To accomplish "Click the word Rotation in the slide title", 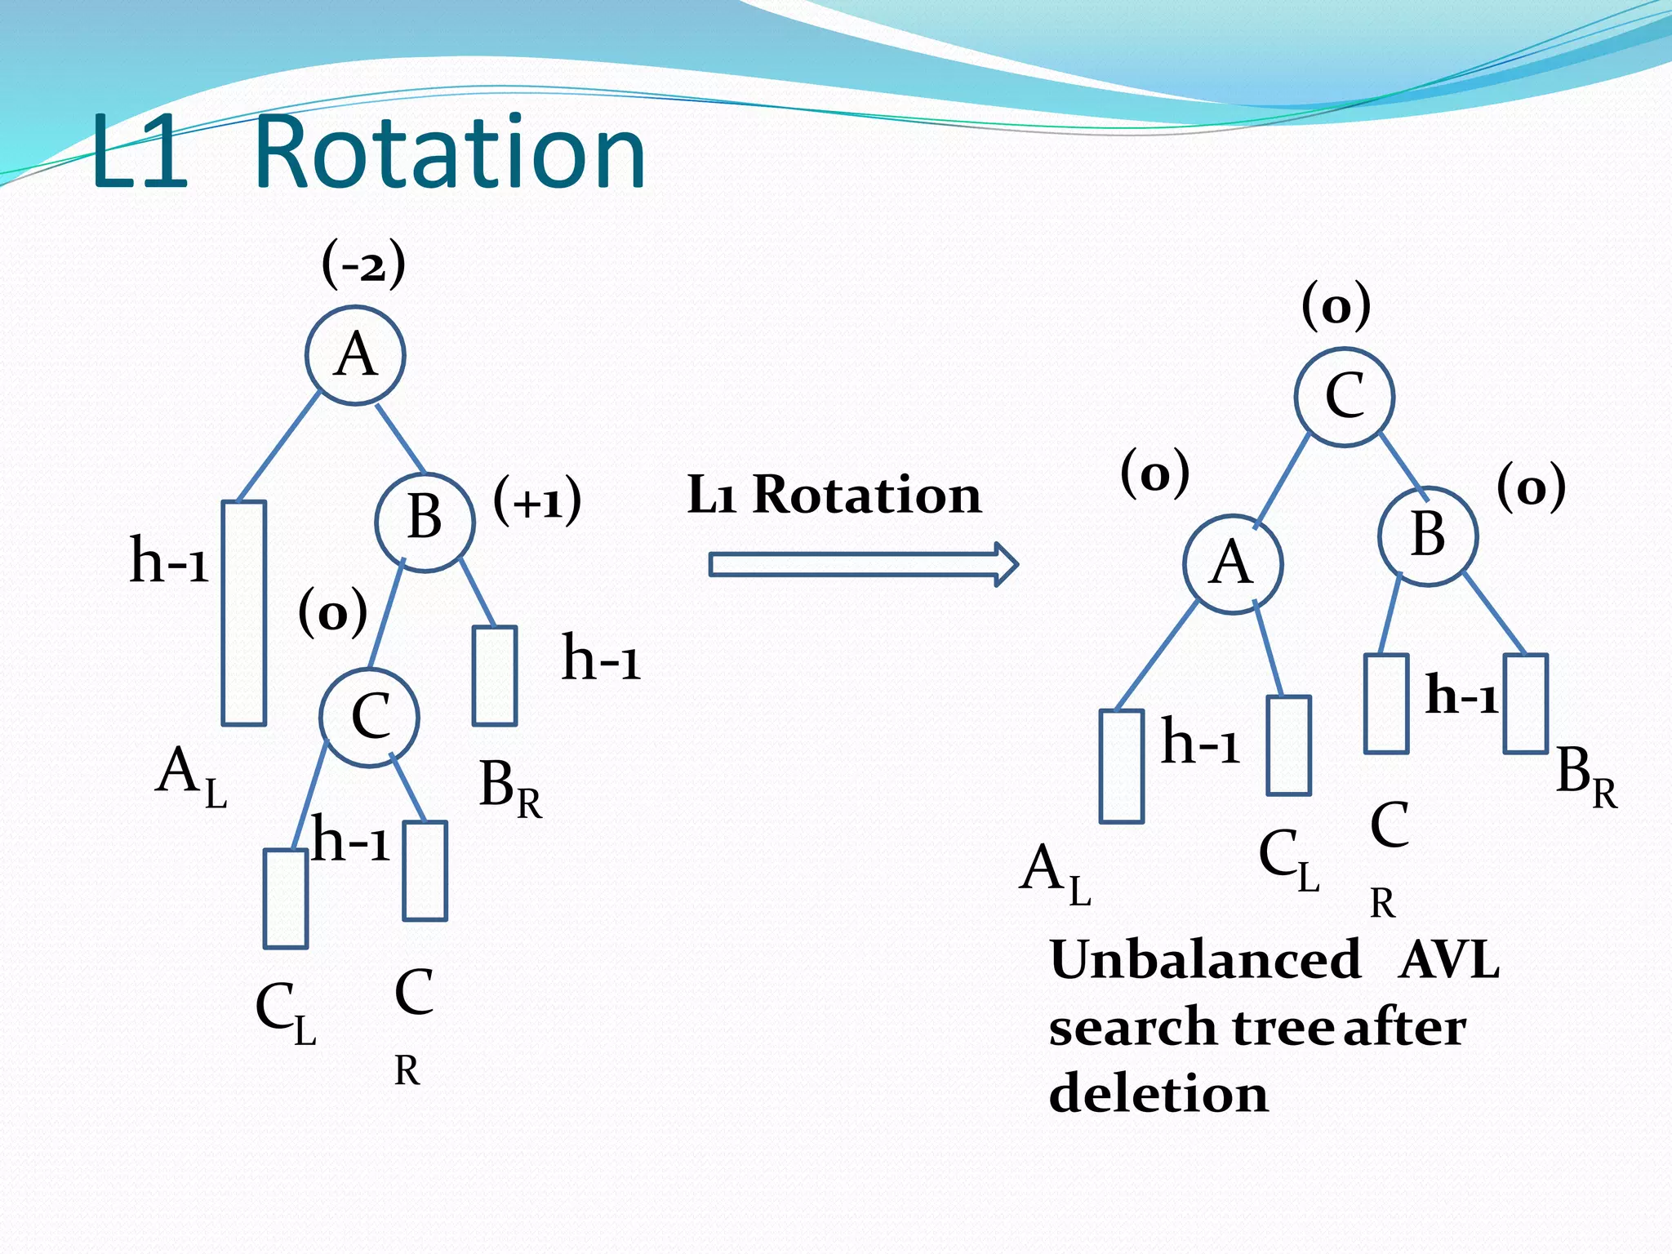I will [x=450, y=153].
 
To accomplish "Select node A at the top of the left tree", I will [x=356, y=355].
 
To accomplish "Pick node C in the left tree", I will [x=369, y=717].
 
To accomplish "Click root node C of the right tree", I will [x=1344, y=397].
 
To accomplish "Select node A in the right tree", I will [x=1233, y=563].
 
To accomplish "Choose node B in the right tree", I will [x=1428, y=536].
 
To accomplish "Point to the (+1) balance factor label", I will [x=537, y=500].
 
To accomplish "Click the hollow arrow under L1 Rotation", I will [x=864, y=564].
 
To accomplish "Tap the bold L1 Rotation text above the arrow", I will [x=834, y=495].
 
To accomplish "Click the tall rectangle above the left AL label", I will [x=244, y=612].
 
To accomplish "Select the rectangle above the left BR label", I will [x=495, y=675].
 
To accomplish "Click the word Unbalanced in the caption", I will [x=1205, y=960].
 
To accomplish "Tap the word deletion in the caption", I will [x=1158, y=1094].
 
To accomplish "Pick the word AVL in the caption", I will [x=1449, y=960].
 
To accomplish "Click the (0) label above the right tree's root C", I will [x=1336, y=306].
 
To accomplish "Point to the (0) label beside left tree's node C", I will [x=332, y=612].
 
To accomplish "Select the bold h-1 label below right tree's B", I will [x=1461, y=696].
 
